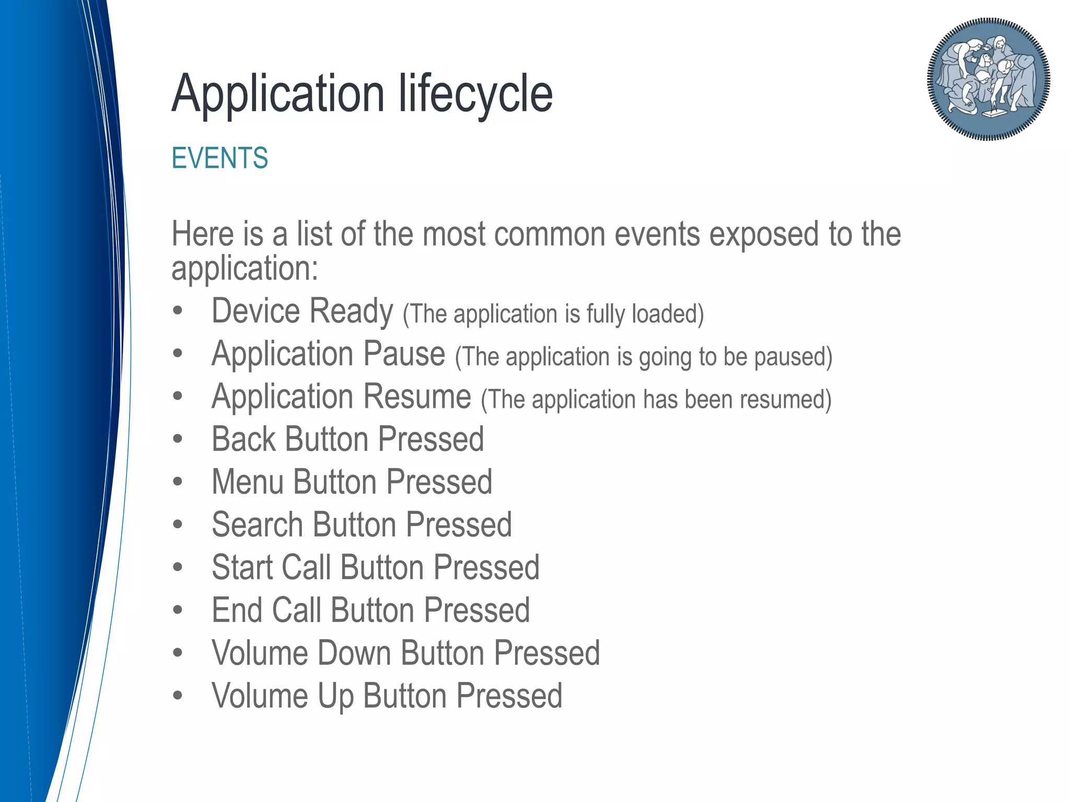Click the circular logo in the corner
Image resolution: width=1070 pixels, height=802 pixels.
pyautogui.click(x=988, y=79)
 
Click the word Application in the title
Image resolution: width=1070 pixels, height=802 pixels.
pyautogui.click(x=278, y=94)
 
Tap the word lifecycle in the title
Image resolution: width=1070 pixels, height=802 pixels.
pyautogui.click(x=475, y=94)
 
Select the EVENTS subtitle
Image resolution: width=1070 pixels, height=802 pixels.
pyautogui.click(x=219, y=158)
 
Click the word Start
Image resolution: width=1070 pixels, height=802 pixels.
pyautogui.click(x=242, y=568)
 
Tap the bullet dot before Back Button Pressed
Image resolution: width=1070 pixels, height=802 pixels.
pyautogui.click(x=178, y=440)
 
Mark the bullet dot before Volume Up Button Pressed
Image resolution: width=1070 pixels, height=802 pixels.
pyautogui.click(x=178, y=696)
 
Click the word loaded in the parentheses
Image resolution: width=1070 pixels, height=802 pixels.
pyautogui.click(x=667, y=314)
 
